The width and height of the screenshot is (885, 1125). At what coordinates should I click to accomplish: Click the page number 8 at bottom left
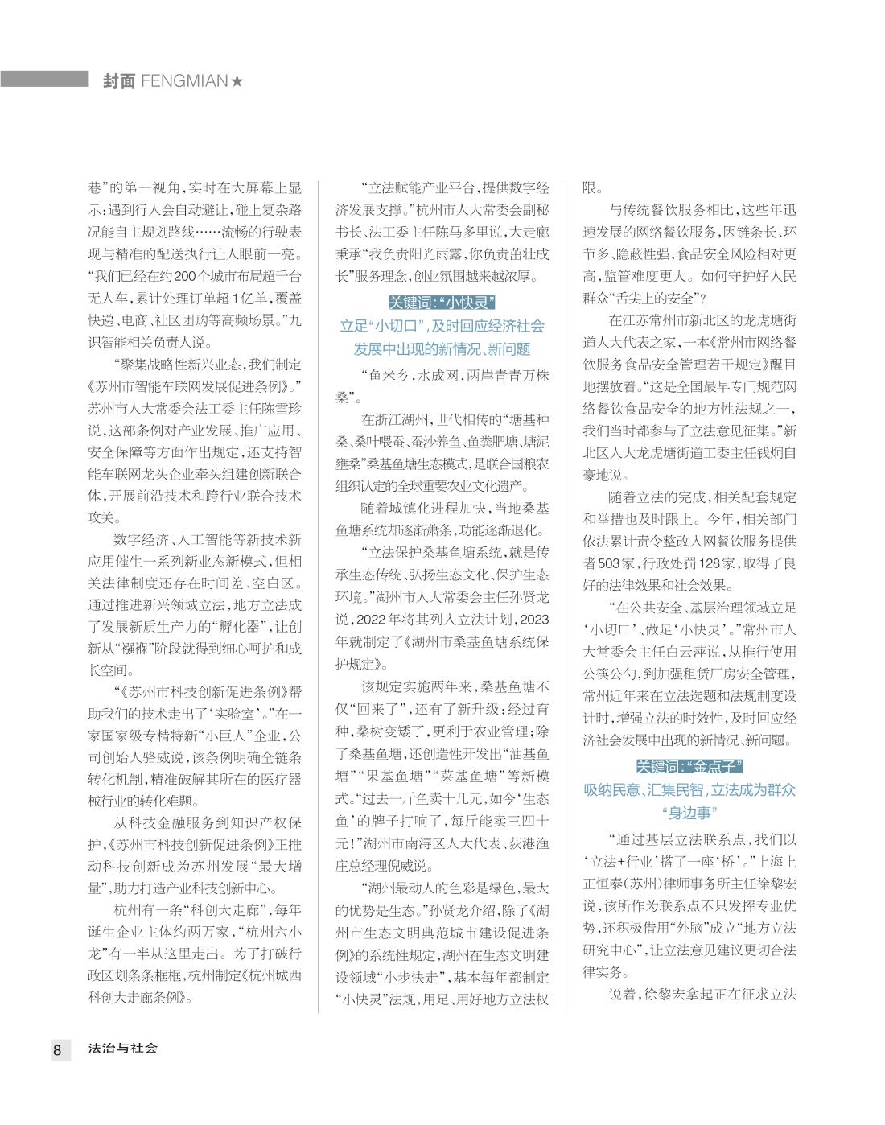click(58, 1049)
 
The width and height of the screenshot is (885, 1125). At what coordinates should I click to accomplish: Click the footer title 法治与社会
click(123, 1049)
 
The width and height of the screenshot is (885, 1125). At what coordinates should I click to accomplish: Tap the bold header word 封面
click(119, 81)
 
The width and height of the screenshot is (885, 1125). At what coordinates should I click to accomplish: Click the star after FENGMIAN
click(237, 81)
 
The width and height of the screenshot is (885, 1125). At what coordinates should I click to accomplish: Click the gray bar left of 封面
click(44, 79)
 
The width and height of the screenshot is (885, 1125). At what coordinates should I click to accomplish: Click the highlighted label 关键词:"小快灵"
click(442, 303)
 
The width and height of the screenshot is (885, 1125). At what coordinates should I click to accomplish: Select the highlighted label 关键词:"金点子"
click(689, 765)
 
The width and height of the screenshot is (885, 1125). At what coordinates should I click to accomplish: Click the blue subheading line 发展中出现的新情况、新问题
click(442, 349)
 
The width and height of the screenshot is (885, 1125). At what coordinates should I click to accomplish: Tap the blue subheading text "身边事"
click(689, 812)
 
